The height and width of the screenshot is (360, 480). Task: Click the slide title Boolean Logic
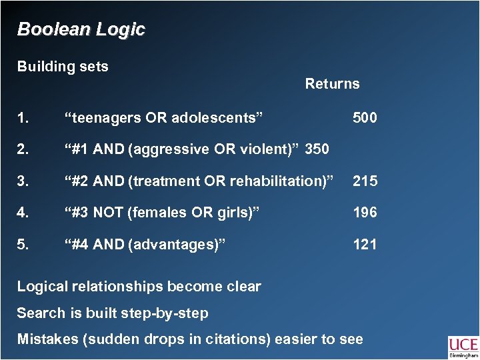point(81,30)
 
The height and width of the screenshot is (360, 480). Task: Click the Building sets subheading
point(63,67)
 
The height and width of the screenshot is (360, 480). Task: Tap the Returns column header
point(332,84)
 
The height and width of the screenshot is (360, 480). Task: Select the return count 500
point(365,118)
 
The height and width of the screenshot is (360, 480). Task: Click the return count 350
point(317,149)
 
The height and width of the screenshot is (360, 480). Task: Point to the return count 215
point(365,181)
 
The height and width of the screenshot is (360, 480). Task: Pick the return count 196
point(365,213)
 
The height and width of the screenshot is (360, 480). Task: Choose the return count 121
point(365,244)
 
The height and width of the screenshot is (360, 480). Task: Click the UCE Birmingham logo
point(462,347)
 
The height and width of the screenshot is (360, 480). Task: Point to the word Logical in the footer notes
point(41,287)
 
